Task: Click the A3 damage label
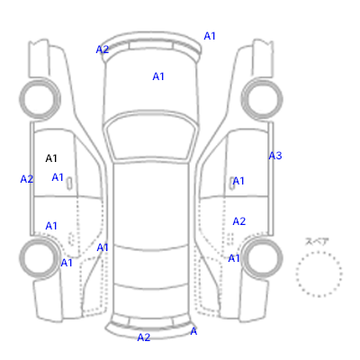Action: pyautogui.click(x=275, y=156)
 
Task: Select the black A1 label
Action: pyautogui.click(x=51, y=158)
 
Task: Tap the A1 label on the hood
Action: pyautogui.click(x=158, y=76)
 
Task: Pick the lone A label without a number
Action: pyautogui.click(x=193, y=331)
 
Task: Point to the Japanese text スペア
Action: pyautogui.click(x=317, y=241)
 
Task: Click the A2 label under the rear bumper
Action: pyautogui.click(x=144, y=337)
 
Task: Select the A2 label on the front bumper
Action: pyautogui.click(x=103, y=49)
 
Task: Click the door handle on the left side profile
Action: pyautogui.click(x=69, y=184)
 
